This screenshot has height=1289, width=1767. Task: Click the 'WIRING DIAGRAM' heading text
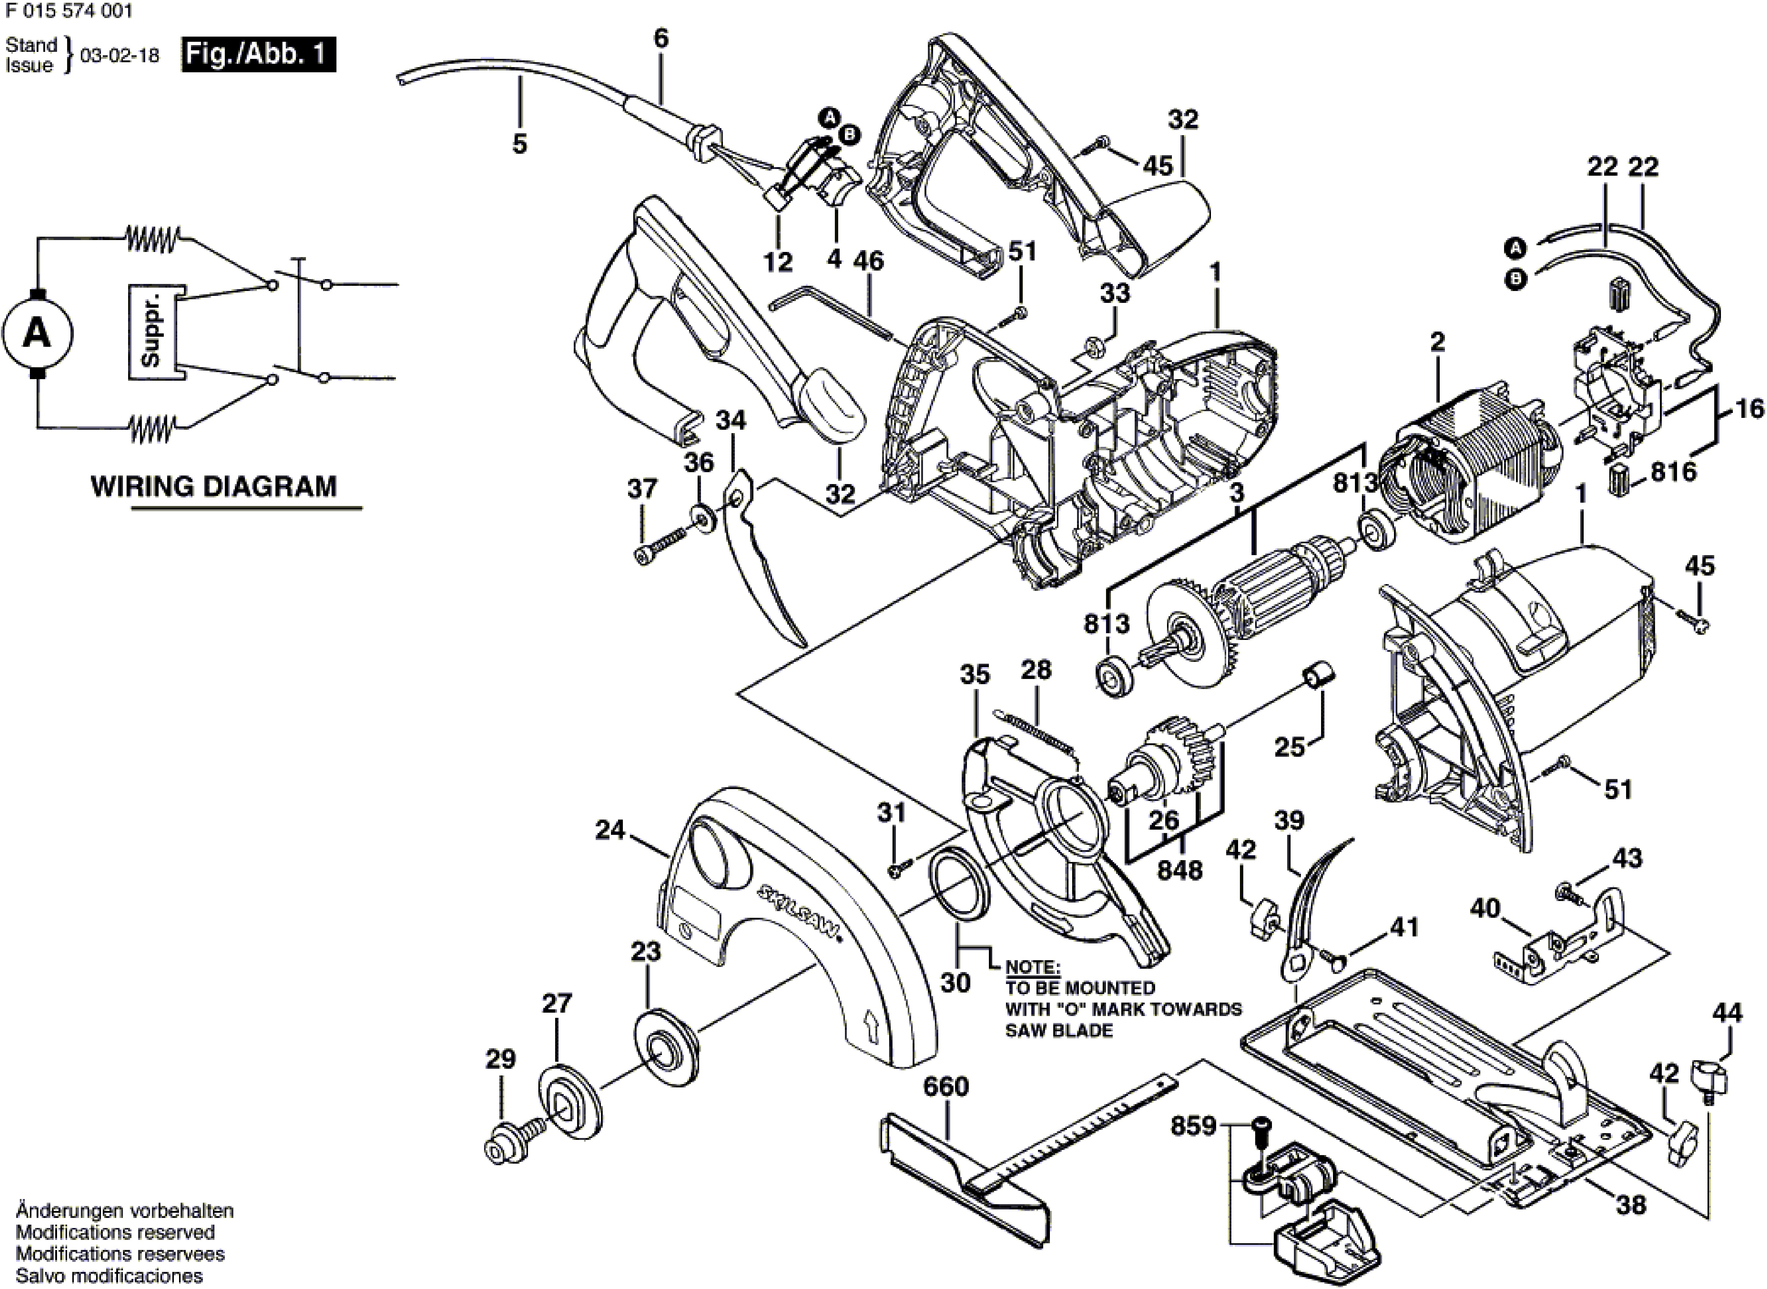point(214,486)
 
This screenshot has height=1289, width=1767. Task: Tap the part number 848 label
point(1180,869)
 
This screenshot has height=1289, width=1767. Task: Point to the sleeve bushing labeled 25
point(1319,675)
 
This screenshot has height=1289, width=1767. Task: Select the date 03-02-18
point(119,56)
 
